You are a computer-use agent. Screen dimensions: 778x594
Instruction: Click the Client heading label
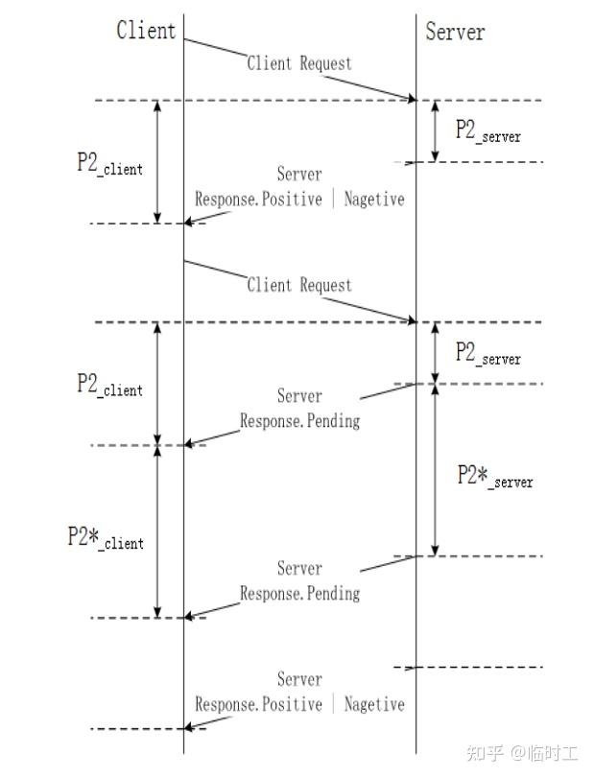[146, 30]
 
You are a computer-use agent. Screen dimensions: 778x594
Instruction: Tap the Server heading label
[455, 32]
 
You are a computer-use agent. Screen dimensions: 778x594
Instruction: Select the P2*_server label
[494, 476]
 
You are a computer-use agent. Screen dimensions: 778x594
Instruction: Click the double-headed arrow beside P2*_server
[436, 470]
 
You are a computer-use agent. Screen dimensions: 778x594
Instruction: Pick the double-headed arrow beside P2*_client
[158, 531]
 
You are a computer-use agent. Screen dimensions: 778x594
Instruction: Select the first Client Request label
[299, 63]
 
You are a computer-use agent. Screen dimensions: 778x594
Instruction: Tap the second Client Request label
[299, 285]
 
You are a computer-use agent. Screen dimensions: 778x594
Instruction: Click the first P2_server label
[487, 131]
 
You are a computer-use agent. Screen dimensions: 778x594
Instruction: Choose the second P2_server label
[487, 353]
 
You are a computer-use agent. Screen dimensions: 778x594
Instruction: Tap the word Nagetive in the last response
[374, 704]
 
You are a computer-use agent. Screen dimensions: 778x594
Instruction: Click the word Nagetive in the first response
[374, 200]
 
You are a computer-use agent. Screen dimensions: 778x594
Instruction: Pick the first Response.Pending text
[299, 420]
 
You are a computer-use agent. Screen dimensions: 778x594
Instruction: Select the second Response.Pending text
[299, 593]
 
